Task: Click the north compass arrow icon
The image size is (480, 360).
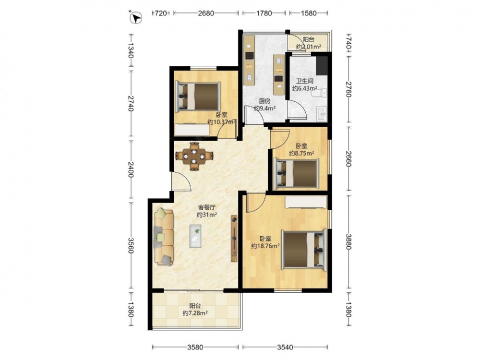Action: tap(136, 17)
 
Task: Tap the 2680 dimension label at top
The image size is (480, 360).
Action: tap(206, 13)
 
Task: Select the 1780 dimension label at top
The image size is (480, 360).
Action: tap(264, 13)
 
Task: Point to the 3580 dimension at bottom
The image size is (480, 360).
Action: tap(195, 347)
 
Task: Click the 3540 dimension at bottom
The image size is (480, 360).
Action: tap(285, 347)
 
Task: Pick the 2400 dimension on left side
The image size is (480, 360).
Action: tap(131, 169)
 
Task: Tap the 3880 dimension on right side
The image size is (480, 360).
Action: tap(348, 242)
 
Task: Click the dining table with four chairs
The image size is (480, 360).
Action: tap(194, 156)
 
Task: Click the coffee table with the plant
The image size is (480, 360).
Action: tap(196, 236)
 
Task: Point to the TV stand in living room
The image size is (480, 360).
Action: tap(234, 239)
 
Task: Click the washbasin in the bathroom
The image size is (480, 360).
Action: tap(322, 114)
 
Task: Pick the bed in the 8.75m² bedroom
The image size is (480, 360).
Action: tap(296, 173)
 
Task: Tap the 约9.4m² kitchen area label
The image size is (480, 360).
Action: tap(265, 108)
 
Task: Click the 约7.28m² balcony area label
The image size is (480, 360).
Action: tap(195, 313)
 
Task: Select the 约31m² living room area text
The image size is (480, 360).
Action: tap(207, 215)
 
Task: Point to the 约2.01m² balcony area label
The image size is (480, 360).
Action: tap(309, 47)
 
